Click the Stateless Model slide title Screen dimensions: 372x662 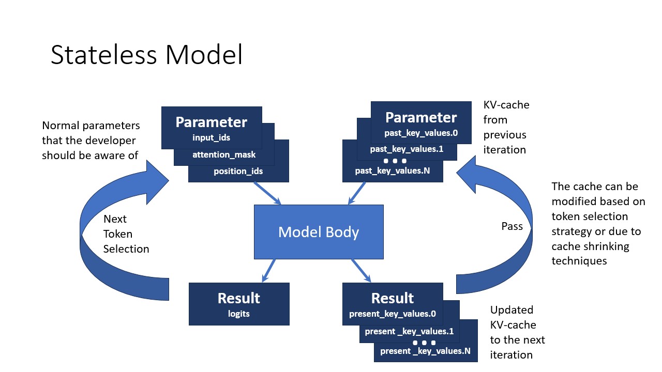coord(146,55)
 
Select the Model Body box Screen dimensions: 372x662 coord(319,232)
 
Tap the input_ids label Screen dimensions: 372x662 coord(211,137)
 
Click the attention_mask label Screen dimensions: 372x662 coord(224,154)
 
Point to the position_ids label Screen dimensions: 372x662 coord(238,171)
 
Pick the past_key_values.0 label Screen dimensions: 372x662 coord(421,133)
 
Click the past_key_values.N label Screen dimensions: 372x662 coord(393,170)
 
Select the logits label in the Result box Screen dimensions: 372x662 coord(238,314)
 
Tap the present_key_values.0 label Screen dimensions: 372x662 coord(393,314)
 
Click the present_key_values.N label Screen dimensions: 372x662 coord(425,351)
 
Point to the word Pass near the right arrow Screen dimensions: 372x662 coord(512,226)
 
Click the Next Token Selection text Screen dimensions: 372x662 coord(126,234)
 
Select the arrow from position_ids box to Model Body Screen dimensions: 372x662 coord(267,194)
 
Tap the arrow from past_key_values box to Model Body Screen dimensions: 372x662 coord(357,194)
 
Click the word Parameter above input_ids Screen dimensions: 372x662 coord(211,122)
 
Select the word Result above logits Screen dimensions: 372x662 coord(238,298)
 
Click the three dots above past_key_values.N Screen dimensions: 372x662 coord(395,161)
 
